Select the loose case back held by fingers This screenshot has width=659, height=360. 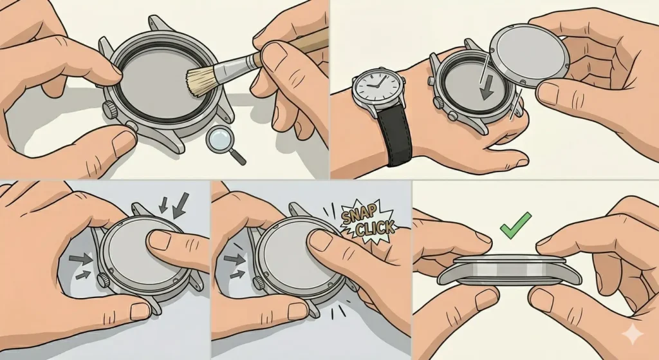529,55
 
